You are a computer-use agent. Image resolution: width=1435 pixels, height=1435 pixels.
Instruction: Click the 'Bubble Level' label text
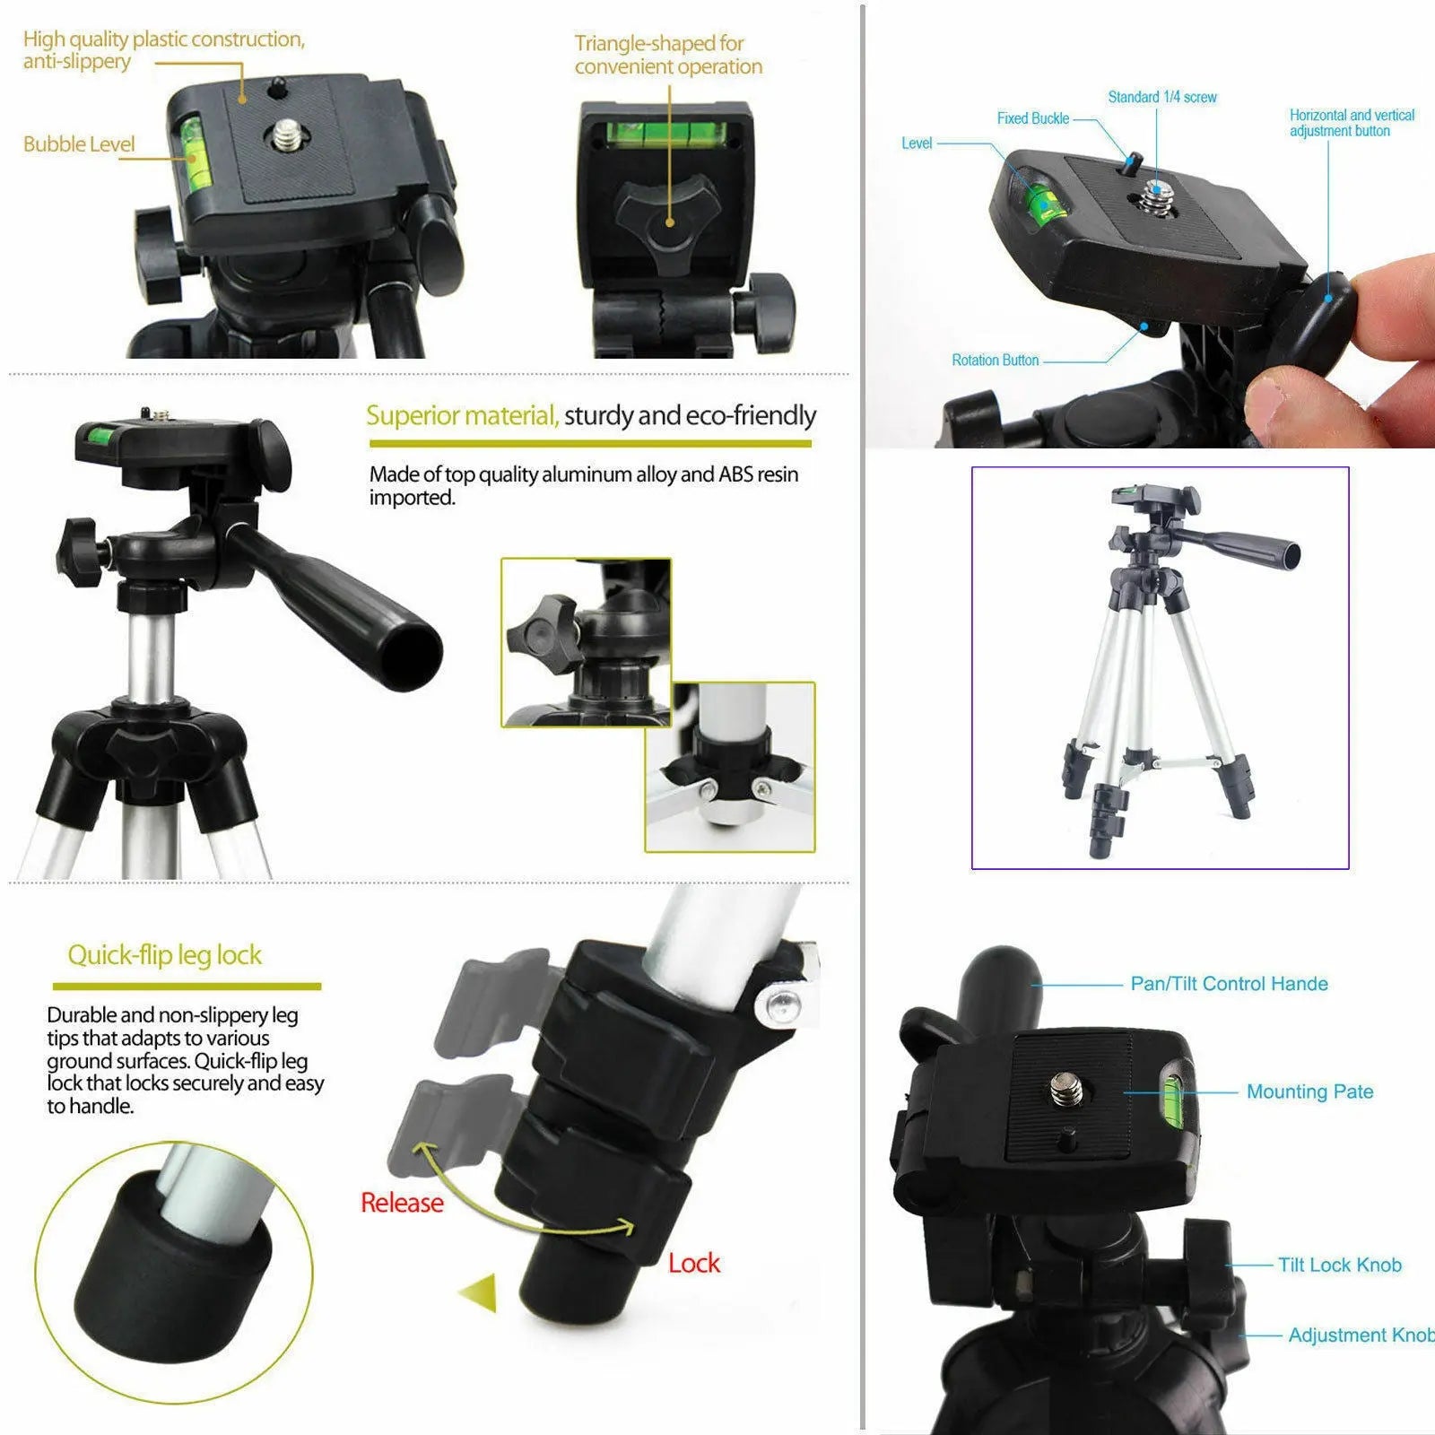79,144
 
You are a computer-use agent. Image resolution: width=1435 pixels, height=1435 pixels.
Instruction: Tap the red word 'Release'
402,1203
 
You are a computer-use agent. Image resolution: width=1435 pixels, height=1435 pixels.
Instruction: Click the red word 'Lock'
693,1263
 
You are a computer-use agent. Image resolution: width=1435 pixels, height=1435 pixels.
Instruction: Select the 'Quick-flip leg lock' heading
165,955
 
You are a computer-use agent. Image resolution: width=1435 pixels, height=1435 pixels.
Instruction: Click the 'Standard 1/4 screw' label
1161,97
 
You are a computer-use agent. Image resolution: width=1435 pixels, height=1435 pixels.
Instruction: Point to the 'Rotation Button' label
995,360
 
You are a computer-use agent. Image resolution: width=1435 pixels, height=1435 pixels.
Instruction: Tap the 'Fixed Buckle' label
1032,118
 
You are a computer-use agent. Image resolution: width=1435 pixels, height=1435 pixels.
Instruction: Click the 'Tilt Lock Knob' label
1339,1265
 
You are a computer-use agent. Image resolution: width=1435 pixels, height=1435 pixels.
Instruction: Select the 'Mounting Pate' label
1309,1091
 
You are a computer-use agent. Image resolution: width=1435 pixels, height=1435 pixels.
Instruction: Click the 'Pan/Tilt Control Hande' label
1229,984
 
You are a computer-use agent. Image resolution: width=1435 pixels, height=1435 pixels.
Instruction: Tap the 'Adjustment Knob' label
1359,1335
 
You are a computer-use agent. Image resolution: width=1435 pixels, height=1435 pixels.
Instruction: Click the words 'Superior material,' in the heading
462,415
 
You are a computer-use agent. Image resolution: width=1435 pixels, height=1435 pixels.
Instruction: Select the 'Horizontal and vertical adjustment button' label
1351,123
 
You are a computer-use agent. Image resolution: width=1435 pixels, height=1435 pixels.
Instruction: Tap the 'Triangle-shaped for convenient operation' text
668,55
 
